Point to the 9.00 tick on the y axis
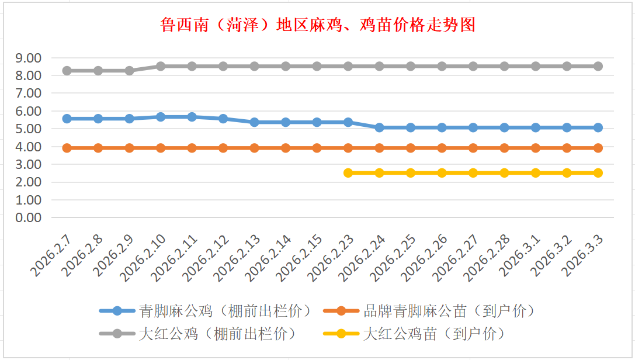tap(29, 58)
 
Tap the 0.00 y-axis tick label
tap(29, 217)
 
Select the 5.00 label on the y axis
tap(29, 129)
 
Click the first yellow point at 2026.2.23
tap(348, 173)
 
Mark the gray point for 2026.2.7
tap(67, 71)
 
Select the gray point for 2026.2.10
tap(161, 66)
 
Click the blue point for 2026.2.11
tap(192, 117)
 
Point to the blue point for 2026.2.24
tap(379, 127)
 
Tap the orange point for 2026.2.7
tap(67, 148)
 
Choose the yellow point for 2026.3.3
tap(598, 173)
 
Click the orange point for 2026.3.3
tap(598, 148)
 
